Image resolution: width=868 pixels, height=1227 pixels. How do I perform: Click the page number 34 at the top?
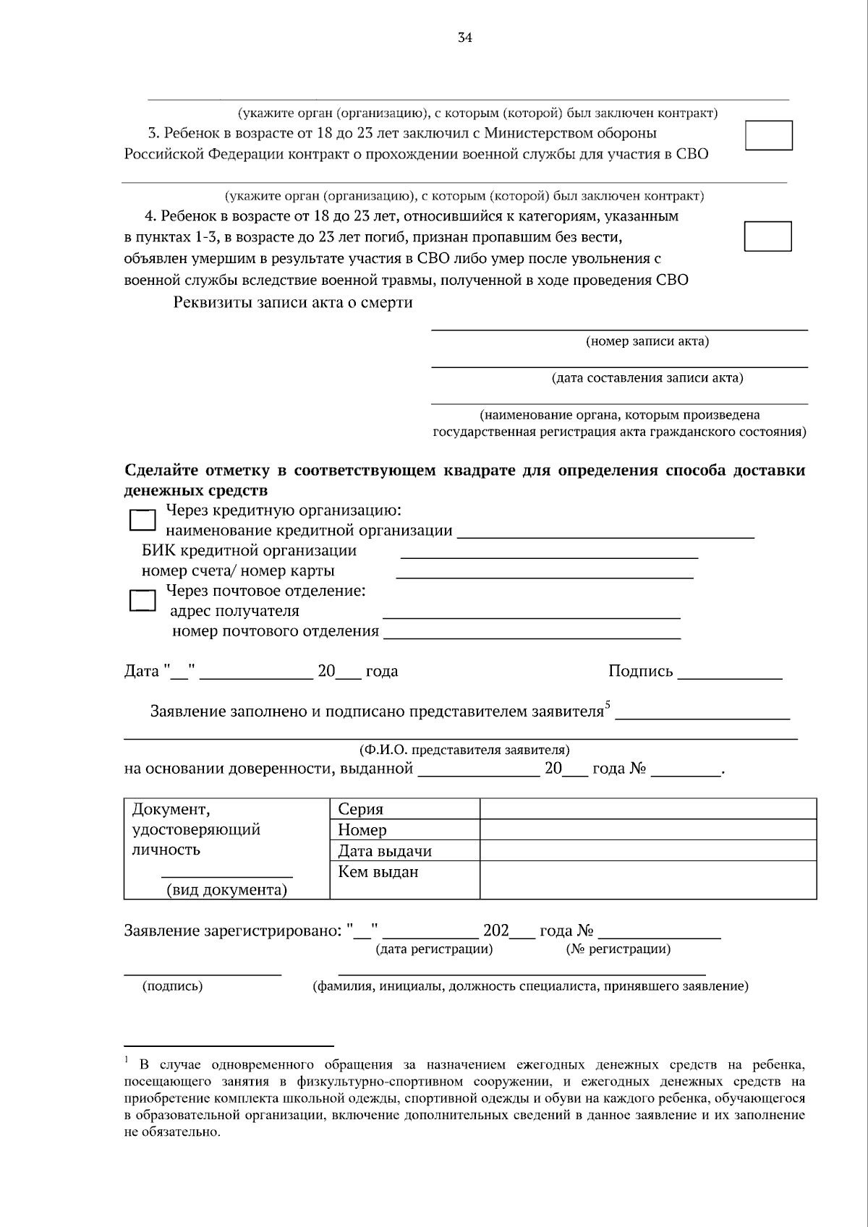465,38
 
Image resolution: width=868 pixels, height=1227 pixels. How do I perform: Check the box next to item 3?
769,135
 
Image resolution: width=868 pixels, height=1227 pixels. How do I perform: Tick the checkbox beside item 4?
768,236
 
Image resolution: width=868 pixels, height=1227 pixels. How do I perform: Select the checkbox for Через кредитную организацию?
142,520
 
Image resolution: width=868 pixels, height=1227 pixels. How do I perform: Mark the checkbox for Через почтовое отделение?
142,600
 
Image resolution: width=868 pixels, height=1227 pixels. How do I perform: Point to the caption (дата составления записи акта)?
647,377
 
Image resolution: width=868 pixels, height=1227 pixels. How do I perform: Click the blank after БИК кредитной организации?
549,556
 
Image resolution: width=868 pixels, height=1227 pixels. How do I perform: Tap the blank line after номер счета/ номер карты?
545,576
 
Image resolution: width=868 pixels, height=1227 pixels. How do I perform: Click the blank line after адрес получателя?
531,617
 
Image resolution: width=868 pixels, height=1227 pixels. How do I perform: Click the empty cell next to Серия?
648,808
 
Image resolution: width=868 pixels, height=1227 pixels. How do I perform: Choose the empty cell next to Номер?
648,829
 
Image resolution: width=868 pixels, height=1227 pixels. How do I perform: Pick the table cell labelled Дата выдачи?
385,851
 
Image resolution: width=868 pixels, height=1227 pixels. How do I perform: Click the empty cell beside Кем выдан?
648,880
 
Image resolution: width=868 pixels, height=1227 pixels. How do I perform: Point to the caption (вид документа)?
226,890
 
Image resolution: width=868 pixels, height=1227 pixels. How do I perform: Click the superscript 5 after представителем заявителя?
608,704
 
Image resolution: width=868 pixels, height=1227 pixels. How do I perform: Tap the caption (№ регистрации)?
618,949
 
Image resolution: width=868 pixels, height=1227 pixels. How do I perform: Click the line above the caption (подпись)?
203,973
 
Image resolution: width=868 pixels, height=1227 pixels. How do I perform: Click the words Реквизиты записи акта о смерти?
293,302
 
